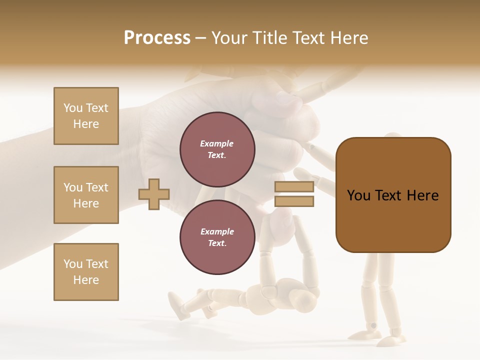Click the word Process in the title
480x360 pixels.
tap(157, 38)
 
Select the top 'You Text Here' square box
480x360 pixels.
tap(86, 116)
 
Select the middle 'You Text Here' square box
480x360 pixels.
tap(86, 195)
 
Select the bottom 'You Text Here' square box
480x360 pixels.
tap(86, 271)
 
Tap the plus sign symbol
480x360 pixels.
tap(154, 194)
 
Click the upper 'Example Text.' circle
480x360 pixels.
tap(217, 149)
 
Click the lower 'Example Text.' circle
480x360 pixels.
tap(217, 237)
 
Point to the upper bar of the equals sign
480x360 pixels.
tap(294, 187)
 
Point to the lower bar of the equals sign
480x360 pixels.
tap(294, 201)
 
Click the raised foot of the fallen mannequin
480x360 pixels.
tap(176, 305)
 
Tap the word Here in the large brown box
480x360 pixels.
tap(422, 195)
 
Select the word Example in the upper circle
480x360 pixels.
tap(217, 144)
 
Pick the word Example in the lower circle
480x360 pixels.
tap(217, 232)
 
